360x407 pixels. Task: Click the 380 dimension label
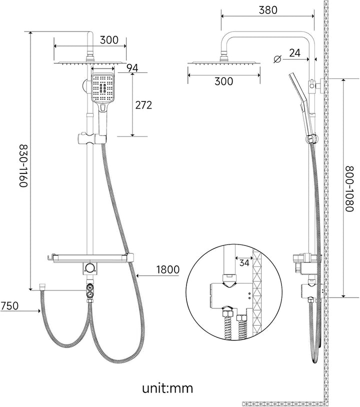pos(268,10)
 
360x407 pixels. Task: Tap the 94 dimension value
pos(132,68)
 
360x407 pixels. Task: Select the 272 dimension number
pos(143,105)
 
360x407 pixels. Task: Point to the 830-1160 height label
pos(23,166)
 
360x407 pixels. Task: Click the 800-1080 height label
pos(349,188)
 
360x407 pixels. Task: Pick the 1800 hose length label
pos(167,269)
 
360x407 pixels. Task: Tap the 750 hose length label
pos(9,305)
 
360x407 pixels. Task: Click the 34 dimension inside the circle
pos(244,262)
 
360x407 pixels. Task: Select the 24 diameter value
pos(294,53)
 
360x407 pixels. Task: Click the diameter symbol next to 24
pos(277,59)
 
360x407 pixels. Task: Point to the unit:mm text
pos(167,388)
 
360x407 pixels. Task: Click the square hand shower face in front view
pos(102,88)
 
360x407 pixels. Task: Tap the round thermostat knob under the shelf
pos(90,268)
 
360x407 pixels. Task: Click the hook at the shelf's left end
pos(49,257)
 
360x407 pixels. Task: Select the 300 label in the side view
pos(223,81)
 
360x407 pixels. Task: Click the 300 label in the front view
pos(109,40)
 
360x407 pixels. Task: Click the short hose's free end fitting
pos(42,287)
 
